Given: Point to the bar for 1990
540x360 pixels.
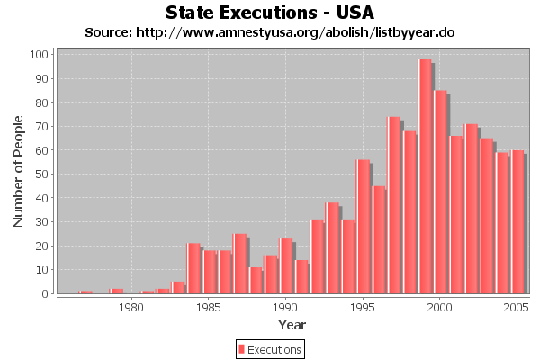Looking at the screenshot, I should click(x=286, y=266).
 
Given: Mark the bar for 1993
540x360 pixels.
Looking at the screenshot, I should click(x=332, y=248).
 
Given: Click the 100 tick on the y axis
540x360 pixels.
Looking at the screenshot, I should click(x=39, y=55).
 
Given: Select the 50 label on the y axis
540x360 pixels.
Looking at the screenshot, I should click(x=41, y=175).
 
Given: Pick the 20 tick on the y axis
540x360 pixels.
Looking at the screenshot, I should click(x=41, y=246).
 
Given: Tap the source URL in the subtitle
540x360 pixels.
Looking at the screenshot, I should click(x=270, y=32).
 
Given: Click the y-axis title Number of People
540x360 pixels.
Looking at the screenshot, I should click(x=19, y=175).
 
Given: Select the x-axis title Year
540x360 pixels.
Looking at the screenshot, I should click(x=292, y=324).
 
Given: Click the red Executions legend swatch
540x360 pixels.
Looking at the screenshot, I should click(x=241, y=349).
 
